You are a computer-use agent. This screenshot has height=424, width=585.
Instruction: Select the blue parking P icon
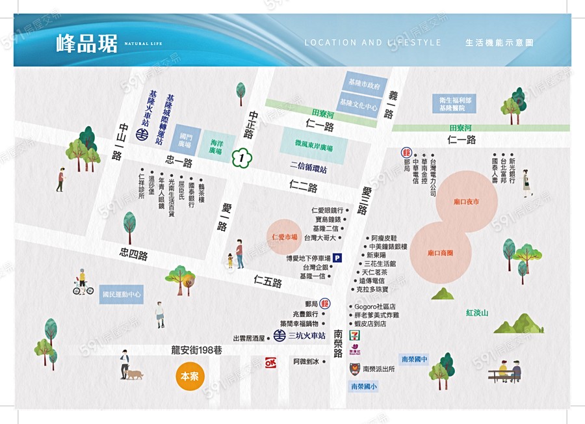[x=337, y=258]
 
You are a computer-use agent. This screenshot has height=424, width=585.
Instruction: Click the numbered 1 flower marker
[x=241, y=157]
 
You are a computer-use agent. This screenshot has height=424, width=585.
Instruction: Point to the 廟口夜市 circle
[x=467, y=202]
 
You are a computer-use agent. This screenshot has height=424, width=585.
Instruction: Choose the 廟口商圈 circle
[x=440, y=252]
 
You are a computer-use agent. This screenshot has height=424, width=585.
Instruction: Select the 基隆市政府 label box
[x=364, y=85]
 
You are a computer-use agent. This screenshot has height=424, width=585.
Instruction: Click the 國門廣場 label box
[x=187, y=140]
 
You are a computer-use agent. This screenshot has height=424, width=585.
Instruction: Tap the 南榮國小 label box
[x=363, y=386]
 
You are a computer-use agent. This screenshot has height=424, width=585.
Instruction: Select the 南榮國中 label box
[x=414, y=359]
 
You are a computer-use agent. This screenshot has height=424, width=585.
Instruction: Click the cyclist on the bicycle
[x=82, y=283]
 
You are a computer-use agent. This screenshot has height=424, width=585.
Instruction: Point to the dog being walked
[x=135, y=375]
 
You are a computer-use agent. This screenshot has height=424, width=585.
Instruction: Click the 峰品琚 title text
[x=87, y=44]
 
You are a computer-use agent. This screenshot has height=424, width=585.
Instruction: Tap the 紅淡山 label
[x=477, y=313]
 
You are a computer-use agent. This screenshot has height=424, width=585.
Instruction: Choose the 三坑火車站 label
[x=306, y=336]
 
